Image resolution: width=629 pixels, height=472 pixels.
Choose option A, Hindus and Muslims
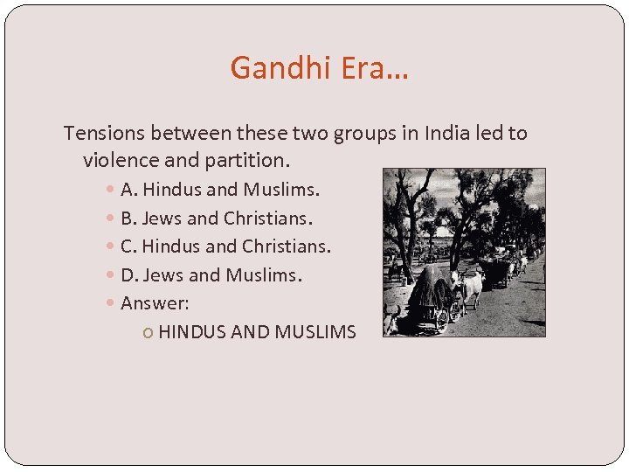(x=220, y=189)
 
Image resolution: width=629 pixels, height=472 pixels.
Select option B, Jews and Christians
(x=217, y=218)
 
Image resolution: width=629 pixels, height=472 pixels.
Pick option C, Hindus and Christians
(x=225, y=246)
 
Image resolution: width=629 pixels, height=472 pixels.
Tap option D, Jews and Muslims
(x=211, y=275)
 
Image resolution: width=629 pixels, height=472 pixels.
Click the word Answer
(x=155, y=303)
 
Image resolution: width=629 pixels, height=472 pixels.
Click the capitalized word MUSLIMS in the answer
(x=315, y=332)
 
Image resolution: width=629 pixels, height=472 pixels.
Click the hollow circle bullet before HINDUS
(x=150, y=333)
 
